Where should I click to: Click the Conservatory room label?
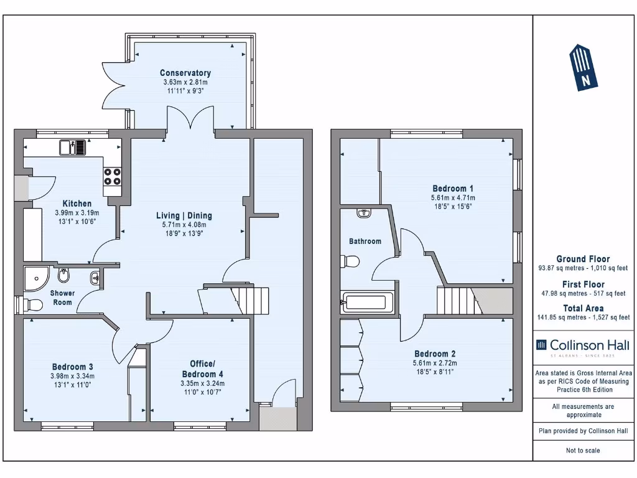pyautogui.click(x=185, y=73)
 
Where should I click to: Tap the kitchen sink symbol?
pyautogui.click(x=73, y=148)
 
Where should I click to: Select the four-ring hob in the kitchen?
pyautogui.click(x=112, y=177)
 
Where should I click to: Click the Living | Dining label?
pyautogui.click(x=184, y=216)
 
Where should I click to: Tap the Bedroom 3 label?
pyautogui.click(x=72, y=366)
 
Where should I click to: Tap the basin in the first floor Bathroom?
pyautogui.click(x=364, y=213)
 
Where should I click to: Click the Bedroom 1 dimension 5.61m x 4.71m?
pyautogui.click(x=453, y=198)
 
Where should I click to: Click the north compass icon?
pyautogui.click(x=584, y=68)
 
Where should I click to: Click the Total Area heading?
pyautogui.click(x=583, y=308)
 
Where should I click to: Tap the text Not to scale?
pyautogui.click(x=583, y=451)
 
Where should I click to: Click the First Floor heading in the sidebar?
pyautogui.click(x=583, y=284)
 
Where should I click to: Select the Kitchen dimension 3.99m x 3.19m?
pyautogui.click(x=77, y=212)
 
